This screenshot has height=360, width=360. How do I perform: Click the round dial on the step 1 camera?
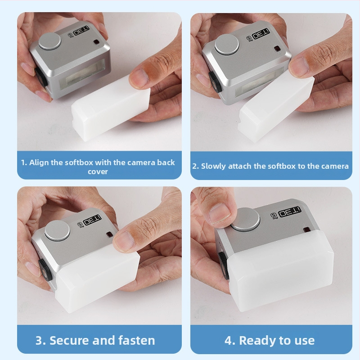coord(50,41)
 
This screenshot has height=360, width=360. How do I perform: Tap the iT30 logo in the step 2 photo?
coord(261,35)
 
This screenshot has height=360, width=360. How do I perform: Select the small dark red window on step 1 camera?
coord(96,42)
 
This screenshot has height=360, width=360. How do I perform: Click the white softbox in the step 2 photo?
coord(276,108)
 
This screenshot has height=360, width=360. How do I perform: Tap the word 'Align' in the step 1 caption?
coord(39,162)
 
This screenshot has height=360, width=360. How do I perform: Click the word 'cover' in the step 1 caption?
coord(98,172)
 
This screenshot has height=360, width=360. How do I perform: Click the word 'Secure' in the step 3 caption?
coord(69,340)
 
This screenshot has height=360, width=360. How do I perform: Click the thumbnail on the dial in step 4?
coord(220,213)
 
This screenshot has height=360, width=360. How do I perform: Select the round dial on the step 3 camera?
coord(57,231)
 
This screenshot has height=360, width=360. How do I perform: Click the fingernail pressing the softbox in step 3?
coord(124,241)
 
